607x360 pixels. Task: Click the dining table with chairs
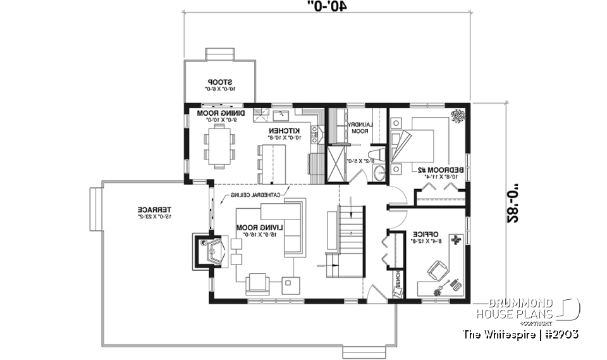(x=219, y=146)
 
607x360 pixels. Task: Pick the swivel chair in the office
(x=437, y=273)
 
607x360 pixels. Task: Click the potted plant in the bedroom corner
(x=457, y=115)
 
